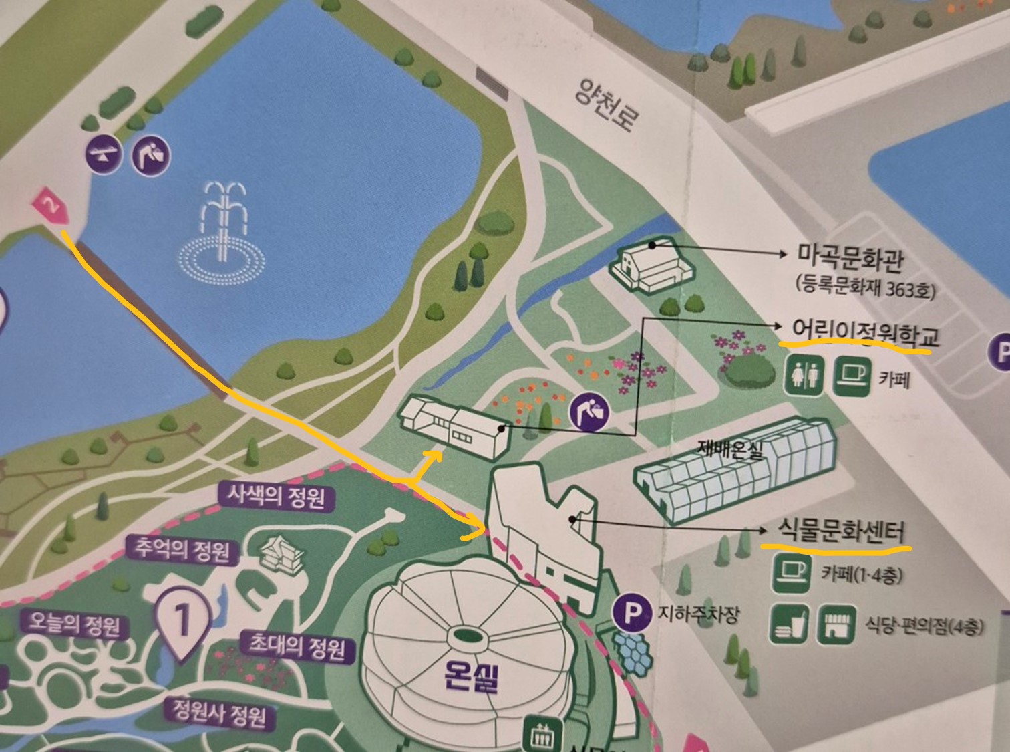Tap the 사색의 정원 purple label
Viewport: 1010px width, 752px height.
pyautogui.click(x=275, y=497)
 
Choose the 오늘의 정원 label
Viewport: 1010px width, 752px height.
pyautogui.click(x=74, y=624)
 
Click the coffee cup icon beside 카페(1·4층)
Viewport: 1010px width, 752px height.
pyautogui.click(x=791, y=574)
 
